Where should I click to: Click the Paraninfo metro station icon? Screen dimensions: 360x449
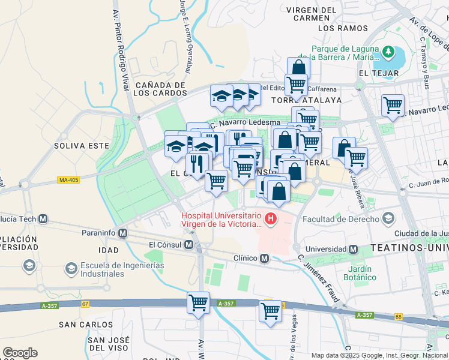123,233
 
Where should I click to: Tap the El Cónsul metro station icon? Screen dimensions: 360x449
189,245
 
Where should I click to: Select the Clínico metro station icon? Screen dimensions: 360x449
264,258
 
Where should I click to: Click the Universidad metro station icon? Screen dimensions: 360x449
353,249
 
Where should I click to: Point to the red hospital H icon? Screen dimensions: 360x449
271,220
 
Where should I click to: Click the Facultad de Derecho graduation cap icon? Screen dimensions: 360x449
389,219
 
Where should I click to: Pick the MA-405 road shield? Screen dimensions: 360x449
68,179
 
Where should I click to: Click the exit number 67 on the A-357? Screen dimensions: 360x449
85,304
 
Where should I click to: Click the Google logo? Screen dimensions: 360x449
20,353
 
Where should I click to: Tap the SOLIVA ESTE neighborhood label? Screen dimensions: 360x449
82,146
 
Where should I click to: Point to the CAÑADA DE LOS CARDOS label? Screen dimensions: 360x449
159,89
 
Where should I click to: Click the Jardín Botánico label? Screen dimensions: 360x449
360,273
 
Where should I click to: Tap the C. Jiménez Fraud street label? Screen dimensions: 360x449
318,277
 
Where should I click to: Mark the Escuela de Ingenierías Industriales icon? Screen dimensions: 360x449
28,265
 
